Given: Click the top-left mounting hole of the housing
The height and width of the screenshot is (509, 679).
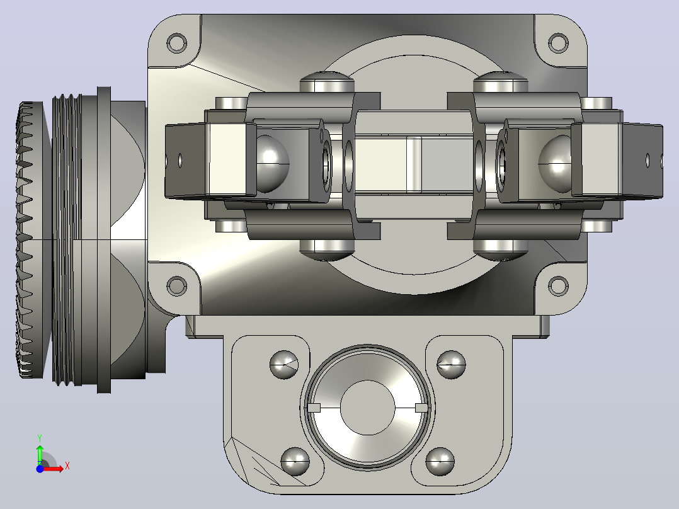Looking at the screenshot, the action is pos(176,43).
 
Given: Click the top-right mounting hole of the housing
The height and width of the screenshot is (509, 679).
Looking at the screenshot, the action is pos(558,42).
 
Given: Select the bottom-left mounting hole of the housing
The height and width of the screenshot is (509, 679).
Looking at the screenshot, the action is pos(176,286).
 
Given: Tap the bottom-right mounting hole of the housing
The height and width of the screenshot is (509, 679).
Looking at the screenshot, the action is pos(558,286).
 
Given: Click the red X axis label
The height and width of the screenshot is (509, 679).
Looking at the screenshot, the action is pos(67,466).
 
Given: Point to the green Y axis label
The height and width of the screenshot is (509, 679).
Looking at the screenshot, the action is pos(40,438).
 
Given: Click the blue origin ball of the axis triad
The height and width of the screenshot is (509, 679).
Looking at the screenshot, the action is pos(40,469).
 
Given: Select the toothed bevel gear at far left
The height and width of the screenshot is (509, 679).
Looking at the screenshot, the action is pos(30,239).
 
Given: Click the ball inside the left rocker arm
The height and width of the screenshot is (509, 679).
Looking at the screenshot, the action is pos(272,163).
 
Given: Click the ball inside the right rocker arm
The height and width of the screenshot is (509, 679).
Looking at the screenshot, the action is pos(555,163).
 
